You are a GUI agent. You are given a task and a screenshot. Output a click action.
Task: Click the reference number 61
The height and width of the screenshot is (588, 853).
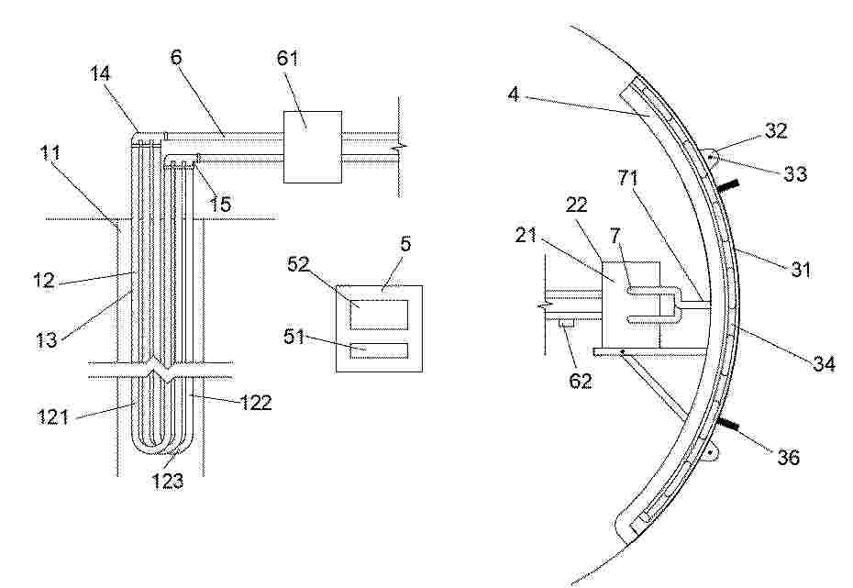click(288, 57)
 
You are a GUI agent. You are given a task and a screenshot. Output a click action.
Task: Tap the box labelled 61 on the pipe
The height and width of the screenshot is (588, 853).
click(312, 147)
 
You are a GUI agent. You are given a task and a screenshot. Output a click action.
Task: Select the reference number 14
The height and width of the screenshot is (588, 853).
click(100, 73)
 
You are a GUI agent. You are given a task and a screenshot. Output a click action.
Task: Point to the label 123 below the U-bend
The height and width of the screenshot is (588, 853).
click(168, 481)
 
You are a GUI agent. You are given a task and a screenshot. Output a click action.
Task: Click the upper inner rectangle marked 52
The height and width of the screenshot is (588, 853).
click(379, 315)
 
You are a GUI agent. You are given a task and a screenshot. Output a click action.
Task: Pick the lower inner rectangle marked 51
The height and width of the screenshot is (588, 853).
click(379, 350)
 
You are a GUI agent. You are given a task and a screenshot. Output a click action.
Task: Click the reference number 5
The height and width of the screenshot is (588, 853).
click(405, 244)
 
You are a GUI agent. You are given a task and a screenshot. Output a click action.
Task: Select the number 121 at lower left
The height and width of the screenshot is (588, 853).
click(53, 417)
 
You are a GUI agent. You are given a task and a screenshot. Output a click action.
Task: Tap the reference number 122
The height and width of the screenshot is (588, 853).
click(255, 403)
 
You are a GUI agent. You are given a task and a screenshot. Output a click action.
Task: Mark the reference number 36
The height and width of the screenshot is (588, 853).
click(788, 457)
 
